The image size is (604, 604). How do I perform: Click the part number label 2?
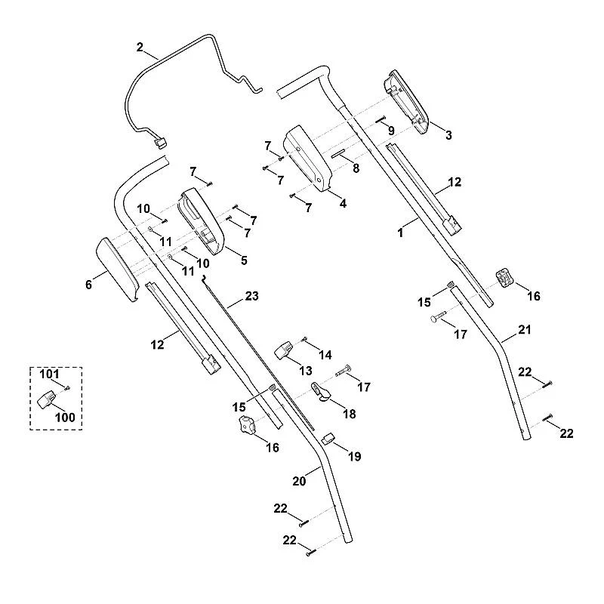click(x=140, y=48)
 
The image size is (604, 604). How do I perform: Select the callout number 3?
click(x=448, y=135)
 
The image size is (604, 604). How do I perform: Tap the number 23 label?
click(x=251, y=296)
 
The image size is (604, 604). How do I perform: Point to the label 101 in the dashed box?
click(x=49, y=374)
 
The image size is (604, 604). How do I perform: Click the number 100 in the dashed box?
click(x=65, y=418)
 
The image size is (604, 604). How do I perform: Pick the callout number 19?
click(x=354, y=457)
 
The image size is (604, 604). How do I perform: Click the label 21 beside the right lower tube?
click(x=524, y=330)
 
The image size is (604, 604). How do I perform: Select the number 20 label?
click(x=299, y=481)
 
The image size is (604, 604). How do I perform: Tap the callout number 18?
click(x=350, y=414)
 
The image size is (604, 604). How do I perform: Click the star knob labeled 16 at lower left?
click(x=248, y=425)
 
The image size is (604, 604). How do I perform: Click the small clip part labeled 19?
click(x=328, y=438)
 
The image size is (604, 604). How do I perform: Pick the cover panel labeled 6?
click(x=117, y=270)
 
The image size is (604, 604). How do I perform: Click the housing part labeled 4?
click(x=307, y=159)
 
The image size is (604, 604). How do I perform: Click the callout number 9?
click(x=391, y=131)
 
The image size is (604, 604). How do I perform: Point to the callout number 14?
click(x=325, y=355)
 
